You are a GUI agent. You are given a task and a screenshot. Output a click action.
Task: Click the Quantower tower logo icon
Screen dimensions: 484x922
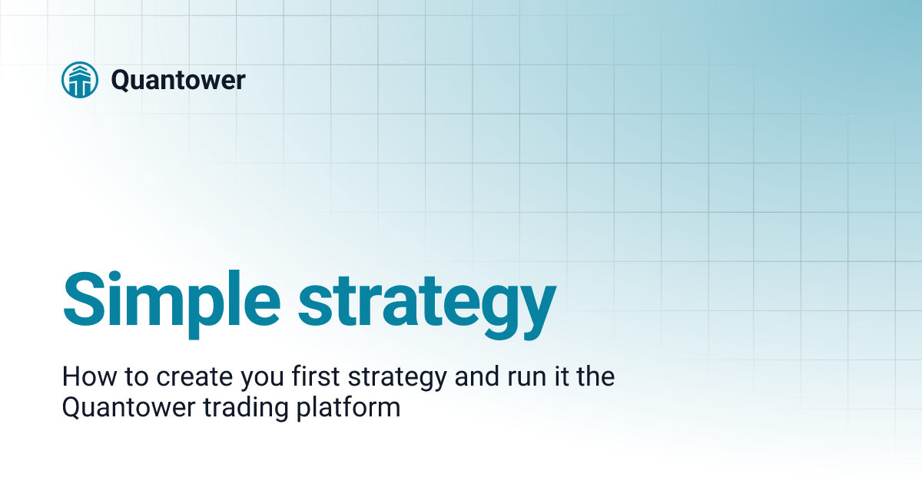[80, 80]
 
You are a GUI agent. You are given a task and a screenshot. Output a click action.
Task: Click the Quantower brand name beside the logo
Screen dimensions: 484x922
[178, 80]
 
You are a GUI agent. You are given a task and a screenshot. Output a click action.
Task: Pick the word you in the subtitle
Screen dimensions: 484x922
[248, 380]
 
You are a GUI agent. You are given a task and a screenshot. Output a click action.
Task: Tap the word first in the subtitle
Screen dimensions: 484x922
[303, 378]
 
